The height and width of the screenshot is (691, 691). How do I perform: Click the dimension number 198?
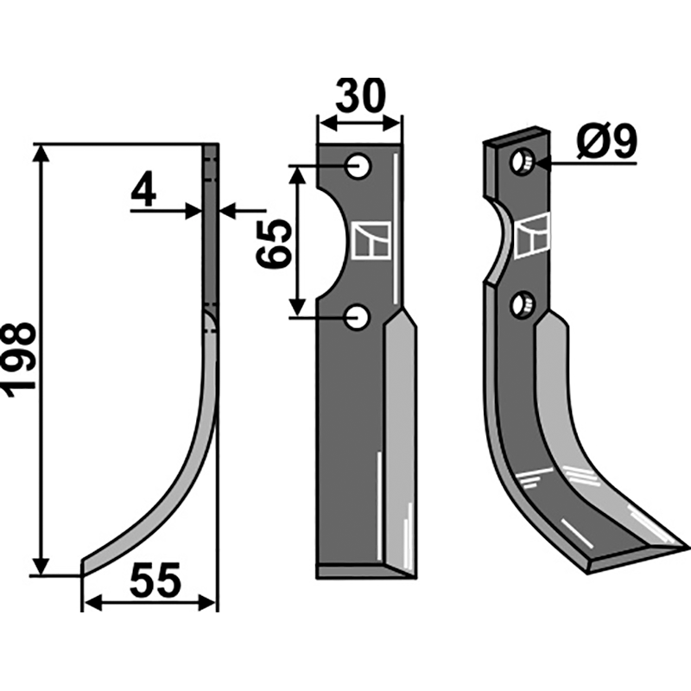(x=18, y=359)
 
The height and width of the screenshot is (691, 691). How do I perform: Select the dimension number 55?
(x=155, y=580)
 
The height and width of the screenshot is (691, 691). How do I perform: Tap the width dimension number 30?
(x=360, y=96)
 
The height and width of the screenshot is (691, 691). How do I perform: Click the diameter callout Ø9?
(x=607, y=142)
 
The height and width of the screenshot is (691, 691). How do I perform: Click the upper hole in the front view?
(x=358, y=166)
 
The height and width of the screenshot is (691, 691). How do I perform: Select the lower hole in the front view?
(x=358, y=316)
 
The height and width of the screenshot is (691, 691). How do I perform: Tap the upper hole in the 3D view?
(x=523, y=162)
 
